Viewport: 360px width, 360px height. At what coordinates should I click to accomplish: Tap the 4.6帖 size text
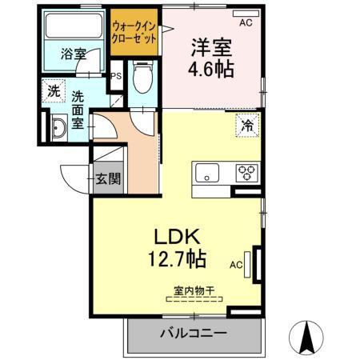click(x=211, y=70)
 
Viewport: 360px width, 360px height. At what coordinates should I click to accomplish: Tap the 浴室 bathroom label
click(x=74, y=54)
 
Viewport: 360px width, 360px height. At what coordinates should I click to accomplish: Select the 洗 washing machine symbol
click(x=53, y=91)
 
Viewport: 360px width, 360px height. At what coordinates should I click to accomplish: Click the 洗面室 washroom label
click(x=78, y=109)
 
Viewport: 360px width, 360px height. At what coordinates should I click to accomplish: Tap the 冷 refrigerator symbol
click(x=248, y=126)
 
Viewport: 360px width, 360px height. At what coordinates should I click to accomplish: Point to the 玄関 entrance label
click(x=108, y=179)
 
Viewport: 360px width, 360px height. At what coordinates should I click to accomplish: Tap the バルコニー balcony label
click(x=193, y=332)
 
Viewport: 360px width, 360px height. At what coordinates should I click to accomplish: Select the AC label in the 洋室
click(x=245, y=22)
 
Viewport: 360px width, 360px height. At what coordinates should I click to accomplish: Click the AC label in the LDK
click(x=236, y=262)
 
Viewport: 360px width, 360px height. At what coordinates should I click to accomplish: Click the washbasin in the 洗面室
click(x=58, y=128)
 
